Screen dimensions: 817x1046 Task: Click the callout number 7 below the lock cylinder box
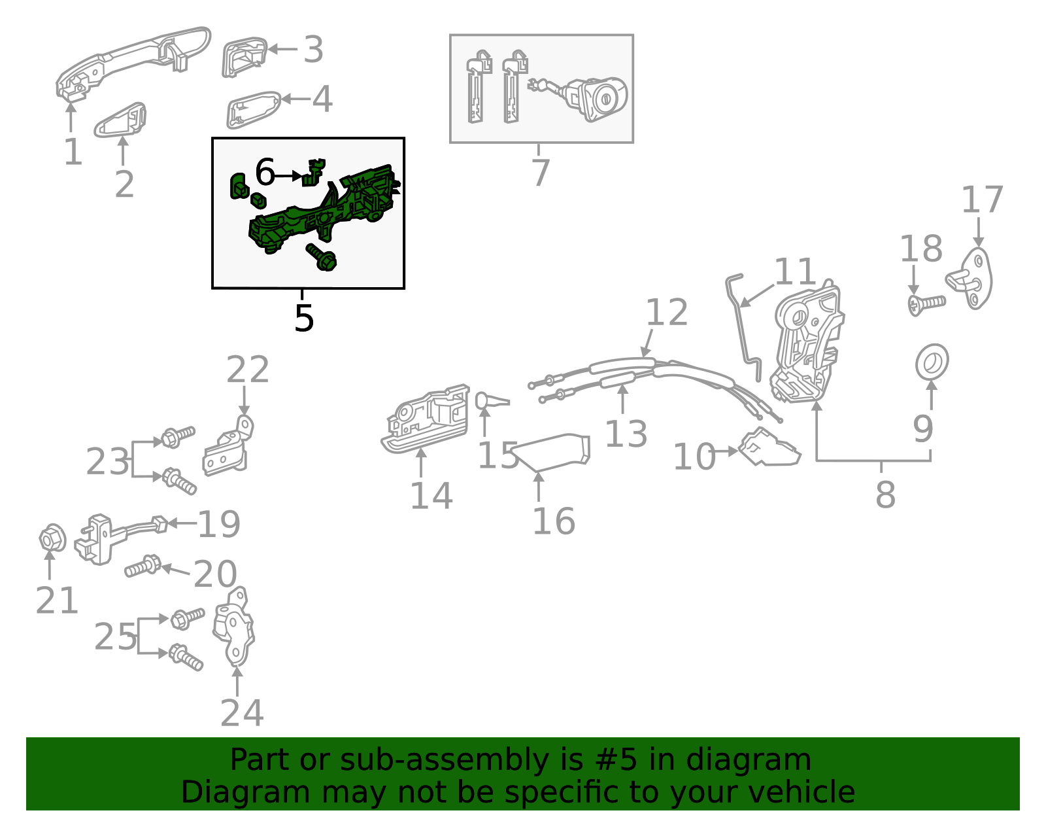[x=540, y=173]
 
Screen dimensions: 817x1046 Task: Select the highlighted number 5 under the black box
[x=304, y=318]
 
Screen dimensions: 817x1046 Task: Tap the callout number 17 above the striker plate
[x=981, y=200]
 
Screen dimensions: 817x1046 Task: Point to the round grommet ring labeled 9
[x=932, y=362]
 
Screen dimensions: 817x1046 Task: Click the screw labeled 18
[x=926, y=304]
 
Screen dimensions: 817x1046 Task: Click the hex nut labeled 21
[x=52, y=538]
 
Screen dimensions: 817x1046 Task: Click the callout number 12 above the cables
[x=666, y=313]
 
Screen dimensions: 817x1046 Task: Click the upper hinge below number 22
[x=227, y=449]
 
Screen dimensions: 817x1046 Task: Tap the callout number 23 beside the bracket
[x=107, y=462]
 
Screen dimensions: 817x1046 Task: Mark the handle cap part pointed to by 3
[x=243, y=57]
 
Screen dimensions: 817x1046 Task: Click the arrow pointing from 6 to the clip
[x=288, y=176]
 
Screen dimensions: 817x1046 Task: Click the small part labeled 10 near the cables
[x=769, y=448]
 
